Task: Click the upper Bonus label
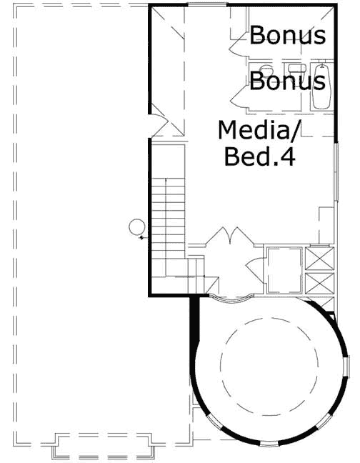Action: (x=288, y=35)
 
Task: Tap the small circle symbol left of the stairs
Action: (x=135, y=228)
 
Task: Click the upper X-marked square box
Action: (x=319, y=257)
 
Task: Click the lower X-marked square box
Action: (x=319, y=281)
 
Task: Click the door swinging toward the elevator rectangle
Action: (x=251, y=269)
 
